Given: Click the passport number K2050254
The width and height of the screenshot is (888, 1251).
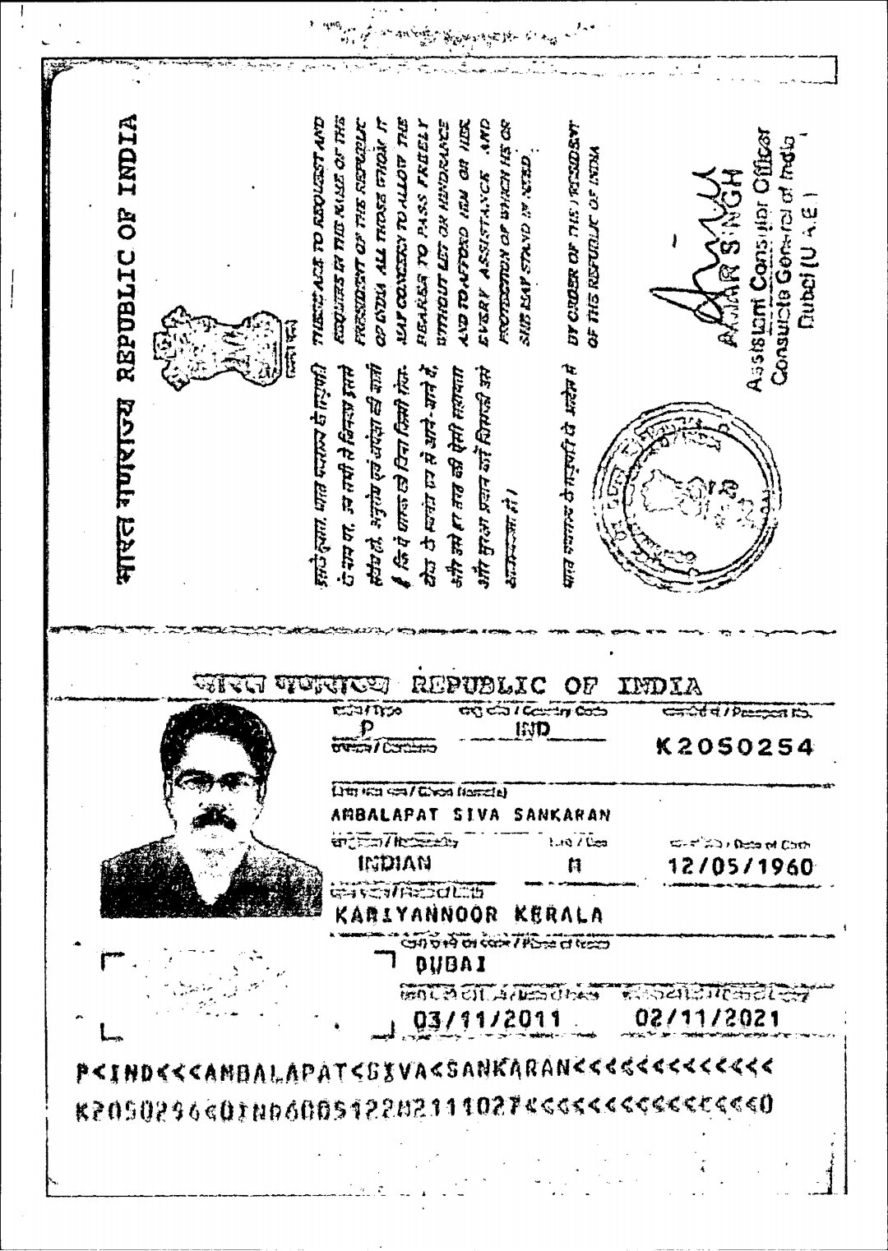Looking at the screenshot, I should coord(734,747).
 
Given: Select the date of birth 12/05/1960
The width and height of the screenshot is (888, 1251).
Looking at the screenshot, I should coord(740,867).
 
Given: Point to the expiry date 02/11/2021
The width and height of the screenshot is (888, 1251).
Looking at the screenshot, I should coord(707,1019).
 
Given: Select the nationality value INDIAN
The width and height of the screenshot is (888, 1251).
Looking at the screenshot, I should coord(395,863).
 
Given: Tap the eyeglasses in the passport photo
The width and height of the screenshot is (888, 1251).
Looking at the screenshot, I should coord(215,781).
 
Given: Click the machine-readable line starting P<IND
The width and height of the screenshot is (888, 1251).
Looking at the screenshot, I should coord(424,1069).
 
